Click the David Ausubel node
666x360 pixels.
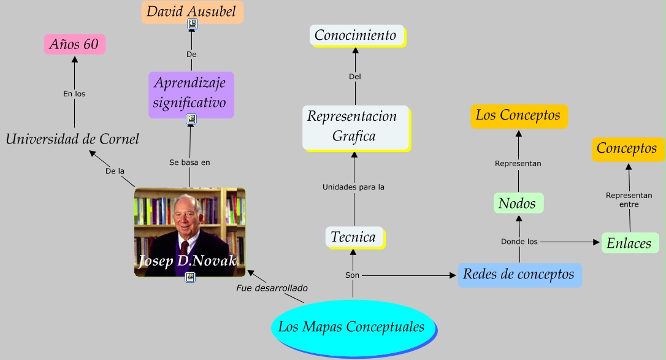pos(192,12)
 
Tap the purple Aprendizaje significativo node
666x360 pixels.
pos(191,92)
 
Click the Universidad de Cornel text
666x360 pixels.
pos(72,139)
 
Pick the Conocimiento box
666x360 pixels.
pos(356,36)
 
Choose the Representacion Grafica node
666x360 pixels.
pos(355,127)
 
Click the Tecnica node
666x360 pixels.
pos(353,237)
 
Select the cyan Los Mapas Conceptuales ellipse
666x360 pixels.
pos(352,327)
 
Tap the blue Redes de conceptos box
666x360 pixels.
pos(519,274)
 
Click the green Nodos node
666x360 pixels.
pos(518,204)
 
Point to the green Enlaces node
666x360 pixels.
pos(629,243)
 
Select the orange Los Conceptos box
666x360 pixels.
pos(518,115)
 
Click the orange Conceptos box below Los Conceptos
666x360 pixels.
pos(627,148)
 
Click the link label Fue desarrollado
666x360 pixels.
pos(272,288)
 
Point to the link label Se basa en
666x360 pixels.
pos(189,163)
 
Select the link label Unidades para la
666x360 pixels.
pos(353,186)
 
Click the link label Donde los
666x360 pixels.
pos(519,242)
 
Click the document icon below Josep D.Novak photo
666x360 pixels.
pos(190,277)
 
